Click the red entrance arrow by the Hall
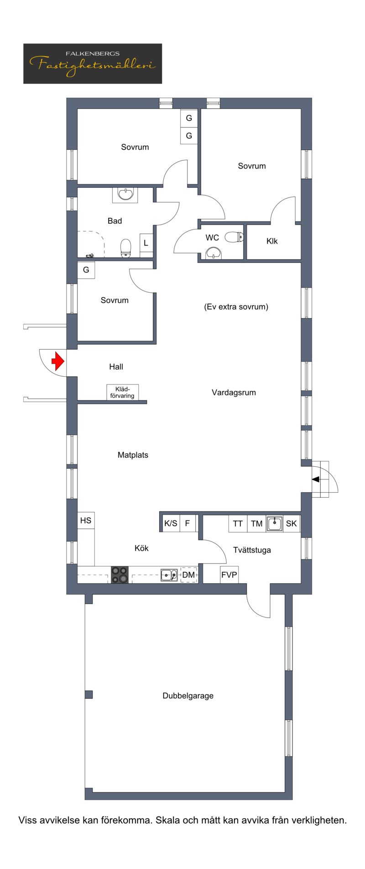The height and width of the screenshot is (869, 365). pos(58,361)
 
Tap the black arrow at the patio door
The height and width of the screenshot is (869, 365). pos(316,479)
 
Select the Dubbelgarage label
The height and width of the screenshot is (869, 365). pos(188,695)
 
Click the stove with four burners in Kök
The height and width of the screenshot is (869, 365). pos(120,574)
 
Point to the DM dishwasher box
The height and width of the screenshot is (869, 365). pos(189,575)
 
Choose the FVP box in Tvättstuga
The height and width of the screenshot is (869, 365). pos(229,574)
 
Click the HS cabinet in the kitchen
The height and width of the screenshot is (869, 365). pos(86,520)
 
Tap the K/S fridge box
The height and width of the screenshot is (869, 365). pos(171,523)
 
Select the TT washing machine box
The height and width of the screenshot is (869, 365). pos(238,523)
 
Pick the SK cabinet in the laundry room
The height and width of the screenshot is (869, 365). pos(292,523)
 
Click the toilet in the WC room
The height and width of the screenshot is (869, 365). pos(234,237)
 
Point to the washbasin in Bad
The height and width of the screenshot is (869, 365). pos(125,194)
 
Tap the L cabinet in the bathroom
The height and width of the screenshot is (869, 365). pos(146,243)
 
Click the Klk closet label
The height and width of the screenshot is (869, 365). pos(272,241)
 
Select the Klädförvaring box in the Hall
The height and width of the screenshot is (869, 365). pos(122,392)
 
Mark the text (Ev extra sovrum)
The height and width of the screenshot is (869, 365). pos(236,307)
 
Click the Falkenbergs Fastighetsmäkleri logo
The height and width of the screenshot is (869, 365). pos(93,63)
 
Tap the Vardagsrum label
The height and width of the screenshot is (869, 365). pos(234,392)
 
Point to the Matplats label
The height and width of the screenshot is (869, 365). pos(133,455)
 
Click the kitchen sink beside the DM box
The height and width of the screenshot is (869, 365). pos(169,575)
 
